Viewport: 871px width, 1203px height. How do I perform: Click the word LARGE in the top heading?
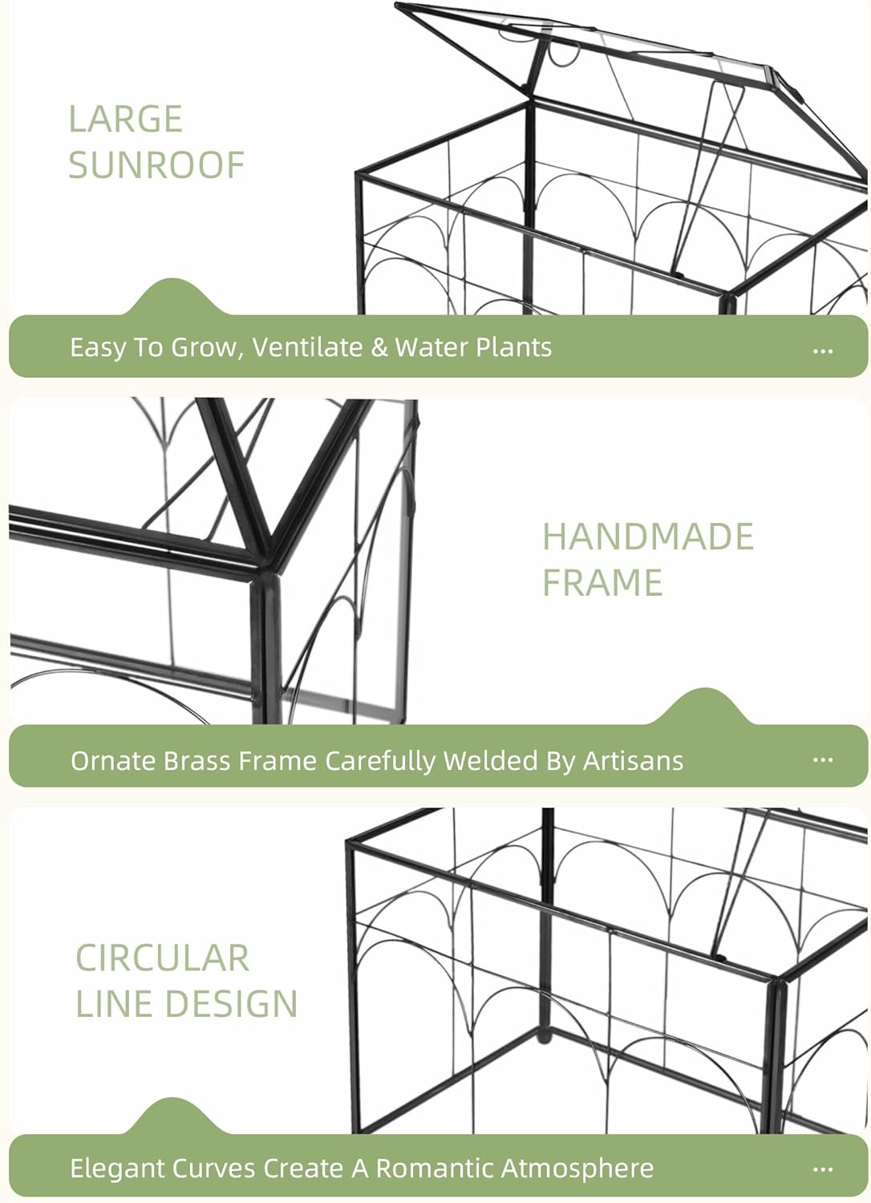(126, 119)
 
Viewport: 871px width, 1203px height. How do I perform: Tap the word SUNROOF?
(156, 165)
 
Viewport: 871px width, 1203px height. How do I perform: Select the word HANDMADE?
(648, 537)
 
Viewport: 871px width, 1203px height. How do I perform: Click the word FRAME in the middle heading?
(602, 582)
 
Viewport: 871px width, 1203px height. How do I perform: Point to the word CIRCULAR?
(162, 958)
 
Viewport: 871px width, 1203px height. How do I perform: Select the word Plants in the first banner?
(513, 347)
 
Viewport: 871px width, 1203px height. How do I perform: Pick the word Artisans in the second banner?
(633, 760)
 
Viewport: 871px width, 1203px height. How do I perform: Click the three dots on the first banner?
(823, 351)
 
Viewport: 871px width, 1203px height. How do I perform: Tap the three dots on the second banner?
(823, 759)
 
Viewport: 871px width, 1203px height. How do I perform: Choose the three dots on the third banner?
(823, 1169)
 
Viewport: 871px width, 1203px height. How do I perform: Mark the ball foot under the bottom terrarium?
(545, 1036)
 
